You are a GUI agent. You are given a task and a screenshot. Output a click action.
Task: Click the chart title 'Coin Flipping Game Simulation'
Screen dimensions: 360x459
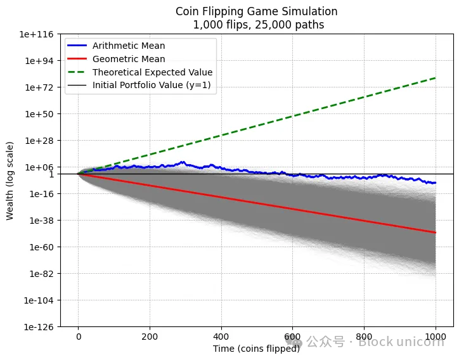click(256, 11)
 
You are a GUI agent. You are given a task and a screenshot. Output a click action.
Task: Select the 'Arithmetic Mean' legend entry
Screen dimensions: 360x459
click(129, 46)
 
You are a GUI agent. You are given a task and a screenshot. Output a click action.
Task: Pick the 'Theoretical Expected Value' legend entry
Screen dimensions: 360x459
click(152, 72)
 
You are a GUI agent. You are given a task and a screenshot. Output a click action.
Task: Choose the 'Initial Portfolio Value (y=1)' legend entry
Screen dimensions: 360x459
click(154, 85)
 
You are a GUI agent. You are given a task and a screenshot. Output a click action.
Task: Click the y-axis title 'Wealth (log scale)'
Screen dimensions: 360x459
click(10, 181)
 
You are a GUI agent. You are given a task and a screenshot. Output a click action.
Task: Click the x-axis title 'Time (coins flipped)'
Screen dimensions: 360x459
click(256, 349)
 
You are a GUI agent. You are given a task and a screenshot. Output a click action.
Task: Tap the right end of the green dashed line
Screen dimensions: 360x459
click(436, 78)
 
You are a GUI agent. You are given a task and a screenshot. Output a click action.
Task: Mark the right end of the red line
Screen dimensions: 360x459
click(436, 233)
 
